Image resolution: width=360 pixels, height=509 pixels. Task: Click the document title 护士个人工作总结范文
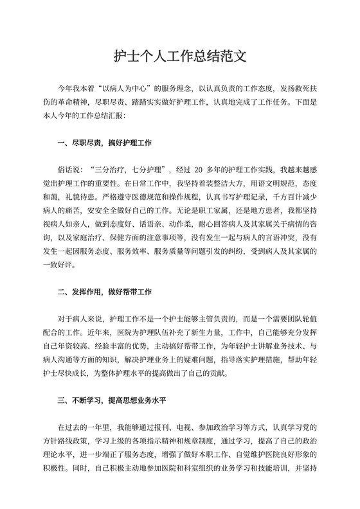(x=180, y=57)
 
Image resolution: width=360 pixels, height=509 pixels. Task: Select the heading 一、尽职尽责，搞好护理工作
(x=104, y=142)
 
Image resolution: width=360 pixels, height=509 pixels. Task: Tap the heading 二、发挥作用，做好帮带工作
(x=104, y=291)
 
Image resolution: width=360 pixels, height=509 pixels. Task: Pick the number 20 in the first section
(x=199, y=170)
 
